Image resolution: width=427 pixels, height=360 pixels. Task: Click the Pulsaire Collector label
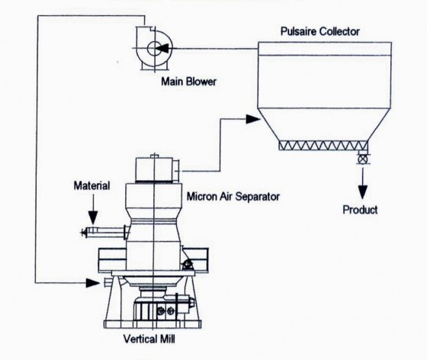(320, 31)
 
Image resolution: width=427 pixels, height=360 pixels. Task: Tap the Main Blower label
(189, 82)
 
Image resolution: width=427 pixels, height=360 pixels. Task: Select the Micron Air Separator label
(233, 196)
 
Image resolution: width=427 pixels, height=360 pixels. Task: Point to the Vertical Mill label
(149, 339)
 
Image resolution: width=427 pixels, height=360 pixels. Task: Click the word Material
(91, 185)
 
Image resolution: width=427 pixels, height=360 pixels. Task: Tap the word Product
(360, 210)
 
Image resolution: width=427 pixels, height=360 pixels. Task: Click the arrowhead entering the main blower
(163, 49)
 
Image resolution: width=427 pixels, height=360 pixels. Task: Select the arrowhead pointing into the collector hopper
(253, 119)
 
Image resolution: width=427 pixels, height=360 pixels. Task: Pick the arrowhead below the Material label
(93, 218)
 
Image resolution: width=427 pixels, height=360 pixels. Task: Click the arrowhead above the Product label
(362, 192)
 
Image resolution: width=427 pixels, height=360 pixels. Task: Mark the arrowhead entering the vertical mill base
(93, 283)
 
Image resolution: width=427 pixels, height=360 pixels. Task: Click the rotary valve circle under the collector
(362, 159)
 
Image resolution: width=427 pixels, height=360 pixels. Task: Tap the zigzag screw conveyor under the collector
(323, 146)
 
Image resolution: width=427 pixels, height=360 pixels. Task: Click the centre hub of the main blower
(154, 49)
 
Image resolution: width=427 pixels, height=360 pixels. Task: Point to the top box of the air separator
(154, 169)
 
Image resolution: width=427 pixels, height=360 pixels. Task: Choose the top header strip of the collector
(325, 49)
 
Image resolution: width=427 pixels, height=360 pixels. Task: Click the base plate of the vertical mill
(152, 324)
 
